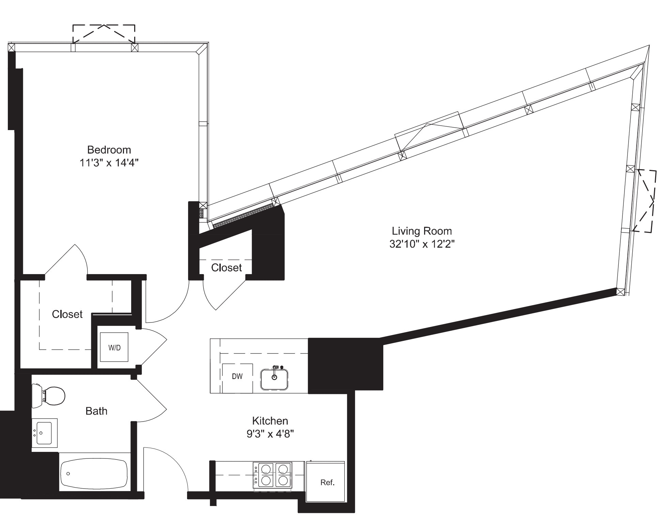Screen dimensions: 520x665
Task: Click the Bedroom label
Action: [109, 150]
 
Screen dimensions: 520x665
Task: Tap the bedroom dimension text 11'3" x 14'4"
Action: [109, 163]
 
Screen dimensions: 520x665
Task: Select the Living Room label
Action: [422, 231]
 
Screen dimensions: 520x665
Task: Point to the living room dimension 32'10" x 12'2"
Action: [422, 244]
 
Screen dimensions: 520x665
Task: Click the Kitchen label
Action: [270, 421]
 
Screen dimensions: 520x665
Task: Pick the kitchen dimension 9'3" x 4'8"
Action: [270, 434]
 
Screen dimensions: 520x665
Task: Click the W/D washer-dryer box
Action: [114, 347]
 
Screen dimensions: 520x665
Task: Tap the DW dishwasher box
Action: [237, 377]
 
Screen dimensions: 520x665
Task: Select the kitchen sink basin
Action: [275, 379]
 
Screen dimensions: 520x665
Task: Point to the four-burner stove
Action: [273, 475]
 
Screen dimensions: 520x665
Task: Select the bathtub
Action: [94, 473]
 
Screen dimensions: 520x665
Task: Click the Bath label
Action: [96, 411]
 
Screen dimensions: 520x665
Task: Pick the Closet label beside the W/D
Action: [67, 314]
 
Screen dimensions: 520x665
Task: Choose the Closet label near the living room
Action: [226, 268]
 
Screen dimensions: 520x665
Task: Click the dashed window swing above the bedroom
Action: [104, 33]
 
